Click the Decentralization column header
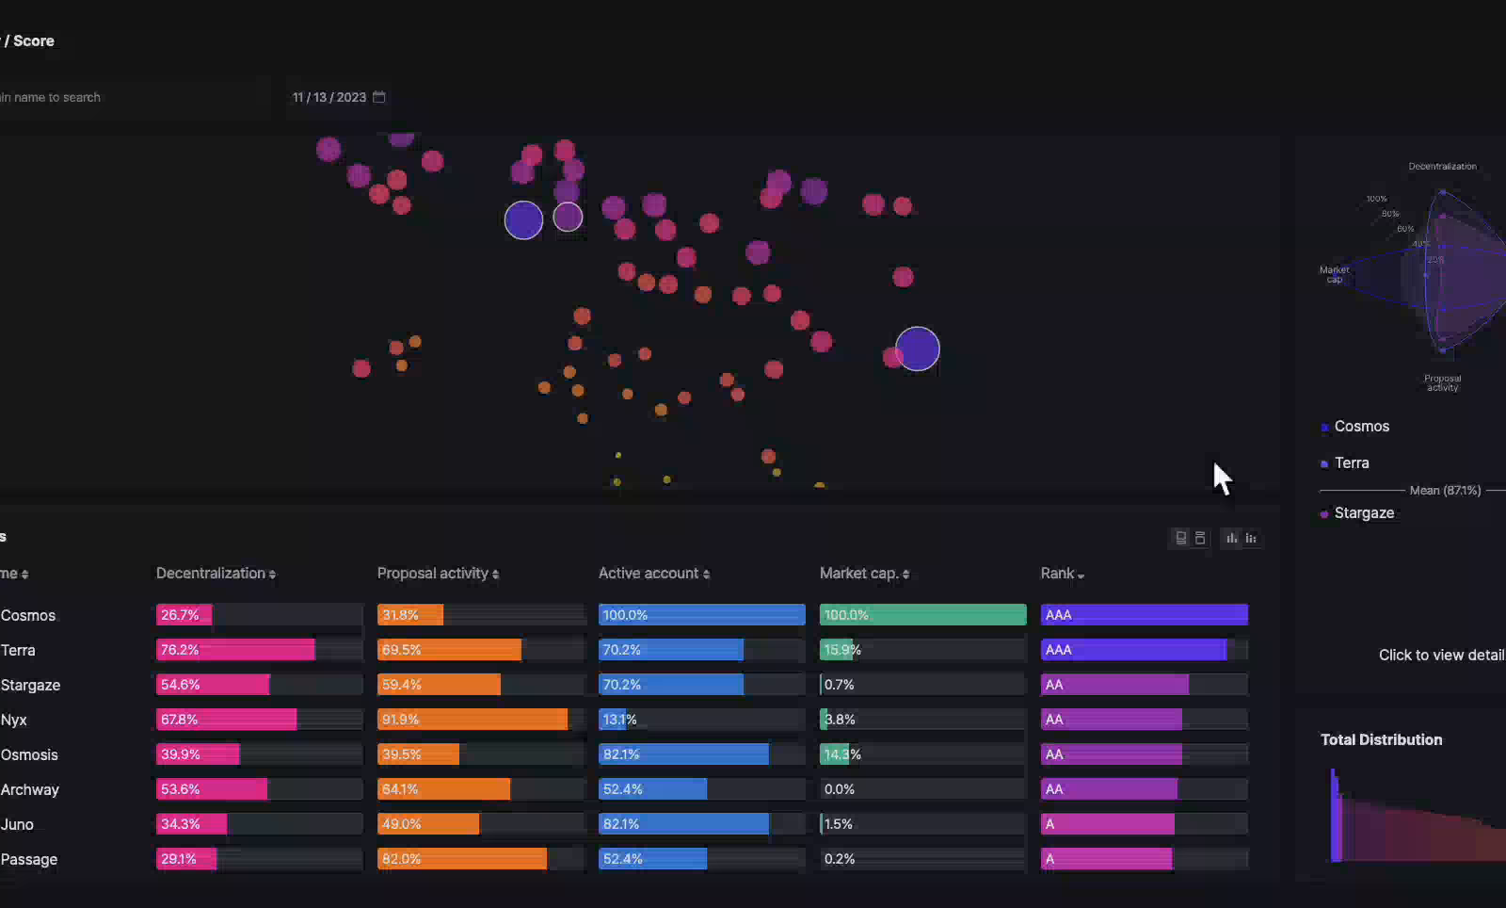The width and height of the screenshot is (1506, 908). pyautogui.click(x=216, y=573)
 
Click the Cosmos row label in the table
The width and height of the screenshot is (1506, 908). pyautogui.click(x=28, y=615)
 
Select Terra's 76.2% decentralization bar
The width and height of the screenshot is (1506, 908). pyautogui.click(x=235, y=650)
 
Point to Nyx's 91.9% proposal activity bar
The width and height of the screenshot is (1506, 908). pyautogui.click(x=473, y=720)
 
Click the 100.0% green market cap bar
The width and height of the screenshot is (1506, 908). pyautogui.click(x=922, y=615)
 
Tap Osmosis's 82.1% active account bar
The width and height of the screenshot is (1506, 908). pyautogui.click(x=683, y=754)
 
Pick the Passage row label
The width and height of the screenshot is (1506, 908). pyautogui.click(x=29, y=859)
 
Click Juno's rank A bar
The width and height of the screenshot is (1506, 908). pyautogui.click(x=1108, y=824)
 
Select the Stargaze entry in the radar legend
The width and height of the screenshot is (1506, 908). pyautogui.click(x=1363, y=512)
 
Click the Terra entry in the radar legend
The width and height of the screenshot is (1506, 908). pyautogui.click(x=1351, y=462)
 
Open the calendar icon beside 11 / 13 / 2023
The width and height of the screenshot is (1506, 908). pyautogui.click(x=379, y=97)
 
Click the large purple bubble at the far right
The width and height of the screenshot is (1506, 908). pyautogui.click(x=918, y=349)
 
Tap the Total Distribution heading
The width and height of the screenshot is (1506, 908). pyautogui.click(x=1381, y=739)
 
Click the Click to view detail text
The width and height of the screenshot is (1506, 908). pyautogui.click(x=1440, y=655)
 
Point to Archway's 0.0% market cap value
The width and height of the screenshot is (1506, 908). pyautogui.click(x=839, y=789)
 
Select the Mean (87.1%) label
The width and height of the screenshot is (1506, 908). pyautogui.click(x=1445, y=490)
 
